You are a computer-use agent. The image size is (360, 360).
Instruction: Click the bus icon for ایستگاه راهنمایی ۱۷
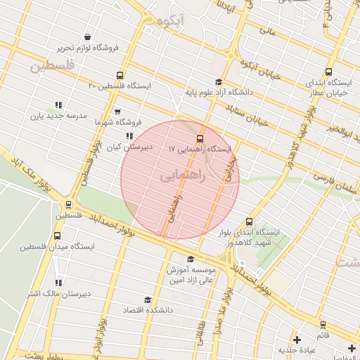[201, 138]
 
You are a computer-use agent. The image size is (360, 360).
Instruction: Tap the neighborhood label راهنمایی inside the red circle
[183, 176]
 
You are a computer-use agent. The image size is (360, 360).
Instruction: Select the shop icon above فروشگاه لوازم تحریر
[86, 37]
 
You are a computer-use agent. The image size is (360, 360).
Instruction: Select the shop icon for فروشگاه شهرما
[117, 112]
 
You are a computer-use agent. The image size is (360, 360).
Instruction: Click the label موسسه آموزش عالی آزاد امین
[194, 274]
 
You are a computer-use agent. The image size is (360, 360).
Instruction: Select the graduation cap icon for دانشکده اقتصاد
[147, 300]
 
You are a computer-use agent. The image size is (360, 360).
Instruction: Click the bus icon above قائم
[323, 324]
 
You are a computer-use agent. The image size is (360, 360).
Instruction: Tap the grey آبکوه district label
[171, 19]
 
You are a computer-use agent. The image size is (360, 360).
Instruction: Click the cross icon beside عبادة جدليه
[297, 340]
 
